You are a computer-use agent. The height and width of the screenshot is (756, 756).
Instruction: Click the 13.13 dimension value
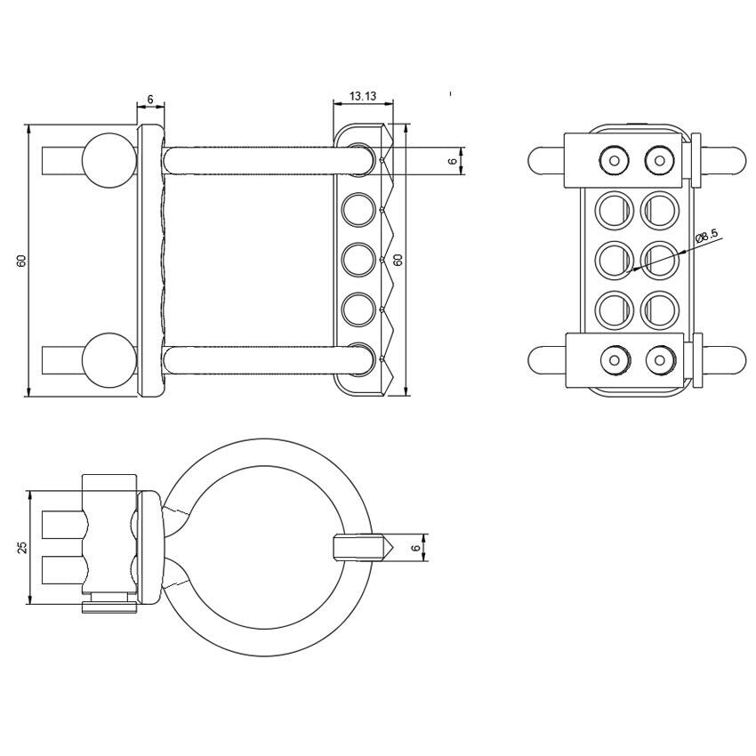[362, 96]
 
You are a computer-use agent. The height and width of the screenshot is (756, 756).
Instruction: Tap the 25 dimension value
[22, 547]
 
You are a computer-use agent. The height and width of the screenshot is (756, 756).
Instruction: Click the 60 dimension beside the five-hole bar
[398, 261]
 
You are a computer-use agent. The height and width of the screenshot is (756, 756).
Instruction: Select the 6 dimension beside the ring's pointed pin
[415, 548]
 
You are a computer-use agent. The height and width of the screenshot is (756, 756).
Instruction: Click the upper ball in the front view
[108, 161]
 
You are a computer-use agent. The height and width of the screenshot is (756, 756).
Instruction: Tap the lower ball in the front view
[108, 361]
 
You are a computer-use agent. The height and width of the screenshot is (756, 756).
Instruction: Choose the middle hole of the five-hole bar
[358, 260]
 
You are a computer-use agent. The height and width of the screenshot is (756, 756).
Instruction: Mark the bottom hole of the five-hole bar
[358, 358]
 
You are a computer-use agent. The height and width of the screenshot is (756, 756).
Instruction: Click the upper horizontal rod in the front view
[267, 160]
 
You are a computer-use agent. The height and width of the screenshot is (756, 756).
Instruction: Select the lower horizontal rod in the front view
[267, 360]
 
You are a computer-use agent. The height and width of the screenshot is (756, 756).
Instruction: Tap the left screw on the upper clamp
[612, 160]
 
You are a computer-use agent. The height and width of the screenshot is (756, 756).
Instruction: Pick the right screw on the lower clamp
[659, 360]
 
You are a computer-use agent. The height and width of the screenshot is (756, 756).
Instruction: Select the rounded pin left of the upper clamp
[544, 160]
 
